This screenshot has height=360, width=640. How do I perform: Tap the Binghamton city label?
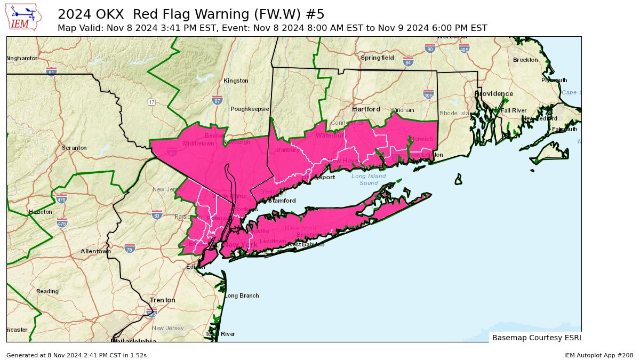pyautogui.click(x=22, y=58)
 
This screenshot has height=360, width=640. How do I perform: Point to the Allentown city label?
pyautogui.click(x=95, y=251)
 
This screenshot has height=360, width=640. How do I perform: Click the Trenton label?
pyautogui.click(x=162, y=300)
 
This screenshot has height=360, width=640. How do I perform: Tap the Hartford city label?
pyautogui.click(x=366, y=109)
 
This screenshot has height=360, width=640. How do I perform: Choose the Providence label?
pyautogui.click(x=494, y=94)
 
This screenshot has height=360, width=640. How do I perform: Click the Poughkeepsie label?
pyautogui.click(x=250, y=109)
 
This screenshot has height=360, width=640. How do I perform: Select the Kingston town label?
pyautogui.click(x=236, y=81)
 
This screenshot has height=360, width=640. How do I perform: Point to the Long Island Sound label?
pyautogui.click(x=369, y=180)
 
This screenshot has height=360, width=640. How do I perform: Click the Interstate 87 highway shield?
pyautogui.click(x=217, y=100)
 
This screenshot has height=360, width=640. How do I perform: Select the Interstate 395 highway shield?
pyautogui.click(x=428, y=95)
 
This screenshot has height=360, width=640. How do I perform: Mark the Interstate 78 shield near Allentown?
pyautogui.click(x=129, y=248)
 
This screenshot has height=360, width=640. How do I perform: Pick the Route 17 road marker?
pyautogui.click(x=152, y=102)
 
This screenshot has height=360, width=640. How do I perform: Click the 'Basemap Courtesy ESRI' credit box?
pyautogui.click(x=536, y=338)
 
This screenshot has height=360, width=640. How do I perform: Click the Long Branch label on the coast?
pyautogui.click(x=241, y=295)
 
